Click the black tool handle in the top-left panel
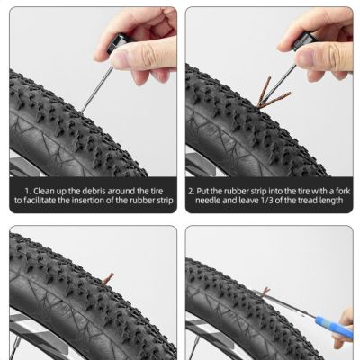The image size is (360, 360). click(x=122, y=46)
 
